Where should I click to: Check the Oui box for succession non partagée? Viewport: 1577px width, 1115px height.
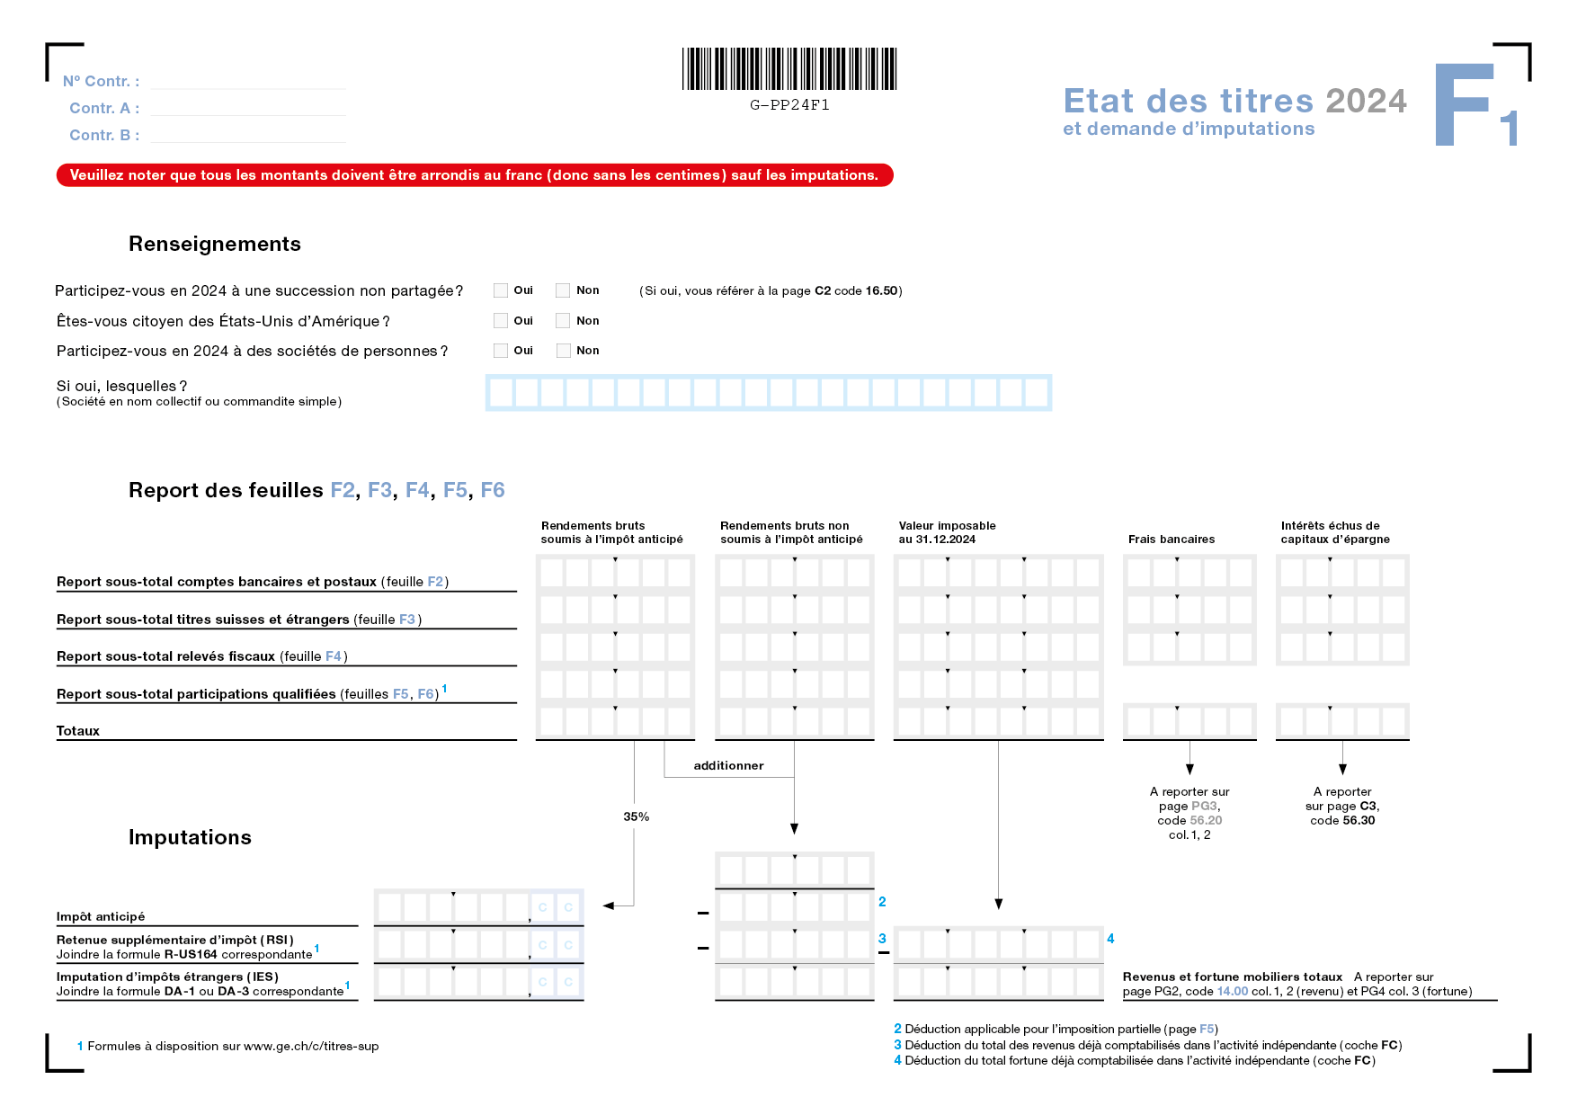point(501,290)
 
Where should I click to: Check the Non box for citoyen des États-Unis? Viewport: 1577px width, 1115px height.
point(563,321)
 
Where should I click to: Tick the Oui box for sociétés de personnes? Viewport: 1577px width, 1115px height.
point(501,351)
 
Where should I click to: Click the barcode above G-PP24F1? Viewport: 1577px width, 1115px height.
point(789,69)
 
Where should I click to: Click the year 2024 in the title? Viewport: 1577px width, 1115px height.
point(1366,101)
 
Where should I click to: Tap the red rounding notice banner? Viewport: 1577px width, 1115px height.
point(475,175)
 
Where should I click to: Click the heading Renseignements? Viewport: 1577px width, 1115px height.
point(215,244)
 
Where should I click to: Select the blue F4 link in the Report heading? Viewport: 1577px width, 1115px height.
point(417,490)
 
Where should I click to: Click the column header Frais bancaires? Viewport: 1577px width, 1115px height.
point(1171,540)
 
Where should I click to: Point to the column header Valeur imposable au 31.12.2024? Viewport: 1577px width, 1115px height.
point(947,532)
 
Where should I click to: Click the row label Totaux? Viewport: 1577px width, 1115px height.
point(78,731)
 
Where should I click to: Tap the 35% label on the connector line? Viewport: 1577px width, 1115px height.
point(636,816)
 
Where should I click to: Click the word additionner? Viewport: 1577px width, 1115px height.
point(728,766)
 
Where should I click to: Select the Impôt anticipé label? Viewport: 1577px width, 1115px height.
point(101,916)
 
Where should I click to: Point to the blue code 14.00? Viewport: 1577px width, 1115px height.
point(1232,991)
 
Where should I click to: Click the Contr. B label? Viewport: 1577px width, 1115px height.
point(103,135)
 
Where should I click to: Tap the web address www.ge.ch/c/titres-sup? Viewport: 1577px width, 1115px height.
point(311,1046)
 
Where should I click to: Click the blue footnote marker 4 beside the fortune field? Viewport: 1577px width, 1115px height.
point(1110,939)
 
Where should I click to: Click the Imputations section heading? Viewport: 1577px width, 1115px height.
point(190,837)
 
